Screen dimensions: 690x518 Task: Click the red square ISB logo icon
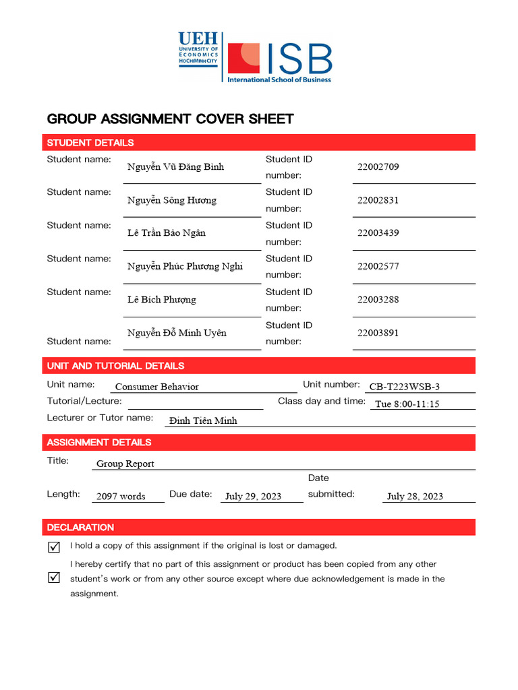pyautogui.click(x=243, y=59)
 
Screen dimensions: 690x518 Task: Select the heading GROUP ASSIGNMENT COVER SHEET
pyautogui.click(x=170, y=119)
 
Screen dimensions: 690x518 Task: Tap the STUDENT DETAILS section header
pyautogui.click(x=90, y=143)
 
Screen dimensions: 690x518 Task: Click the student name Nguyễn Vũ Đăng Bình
pyautogui.click(x=175, y=167)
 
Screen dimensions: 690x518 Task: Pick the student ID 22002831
pyautogui.click(x=378, y=200)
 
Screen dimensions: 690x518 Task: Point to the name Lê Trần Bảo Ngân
pyautogui.click(x=167, y=233)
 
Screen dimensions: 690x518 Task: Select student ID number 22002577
pyautogui.click(x=378, y=266)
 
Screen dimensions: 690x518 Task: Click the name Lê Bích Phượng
pyautogui.click(x=162, y=299)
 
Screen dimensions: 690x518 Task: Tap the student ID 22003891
pyautogui.click(x=378, y=333)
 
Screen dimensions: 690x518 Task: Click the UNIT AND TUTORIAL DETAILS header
pyautogui.click(x=115, y=366)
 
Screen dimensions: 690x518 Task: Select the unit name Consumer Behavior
pyautogui.click(x=156, y=387)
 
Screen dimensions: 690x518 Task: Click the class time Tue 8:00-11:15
pyautogui.click(x=407, y=404)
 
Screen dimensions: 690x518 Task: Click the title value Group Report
pyautogui.click(x=125, y=464)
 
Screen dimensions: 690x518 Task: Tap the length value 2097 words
pyautogui.click(x=121, y=497)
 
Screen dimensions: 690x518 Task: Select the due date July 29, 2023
pyautogui.click(x=253, y=497)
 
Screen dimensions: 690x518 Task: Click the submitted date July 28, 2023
pyautogui.click(x=415, y=497)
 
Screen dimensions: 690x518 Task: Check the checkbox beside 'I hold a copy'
pyautogui.click(x=55, y=547)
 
